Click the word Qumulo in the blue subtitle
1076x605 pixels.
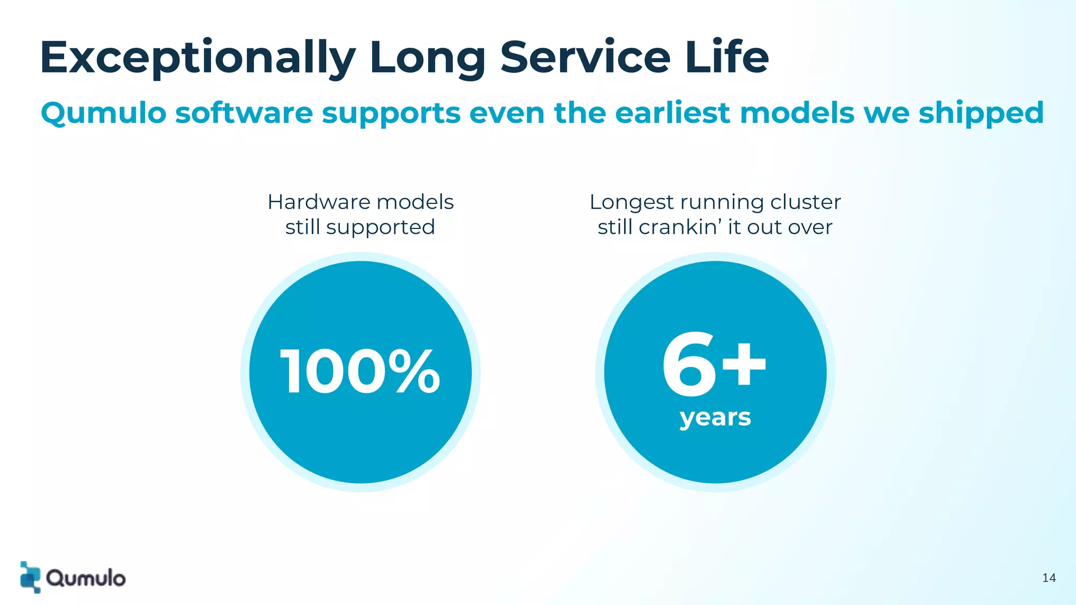tap(104, 113)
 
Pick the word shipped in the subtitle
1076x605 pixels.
tap(981, 113)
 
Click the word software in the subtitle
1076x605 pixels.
tap(244, 113)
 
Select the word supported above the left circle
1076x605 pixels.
tap(380, 227)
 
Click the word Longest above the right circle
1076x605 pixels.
tap(632, 203)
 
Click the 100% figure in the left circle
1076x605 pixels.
tap(360, 372)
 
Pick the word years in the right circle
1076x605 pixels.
tap(715, 418)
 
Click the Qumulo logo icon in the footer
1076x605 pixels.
tap(30, 577)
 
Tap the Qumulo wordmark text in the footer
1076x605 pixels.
tap(86, 578)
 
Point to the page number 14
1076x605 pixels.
tap(1049, 578)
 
